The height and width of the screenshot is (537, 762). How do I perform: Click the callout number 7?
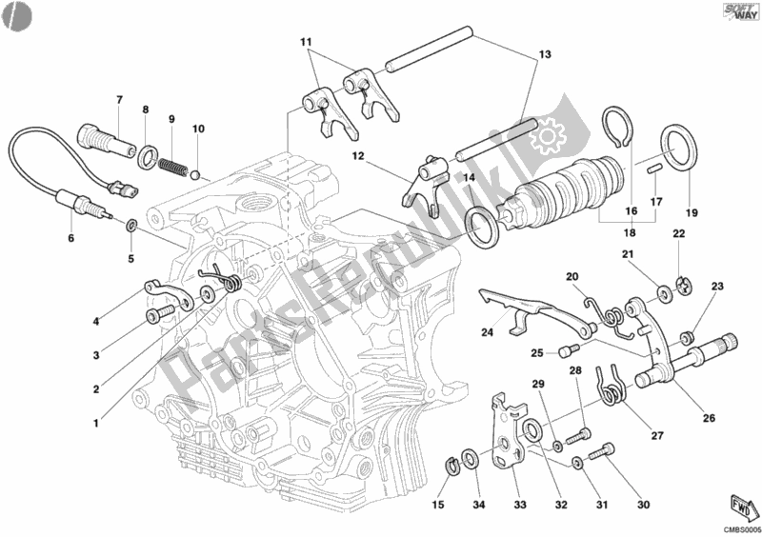120,100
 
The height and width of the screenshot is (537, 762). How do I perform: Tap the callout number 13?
544,55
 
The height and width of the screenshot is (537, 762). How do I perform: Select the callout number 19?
692,212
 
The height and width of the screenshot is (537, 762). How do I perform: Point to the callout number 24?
487,332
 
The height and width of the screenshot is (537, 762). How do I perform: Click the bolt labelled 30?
600,454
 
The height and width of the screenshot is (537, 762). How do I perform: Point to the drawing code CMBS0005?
740,527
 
